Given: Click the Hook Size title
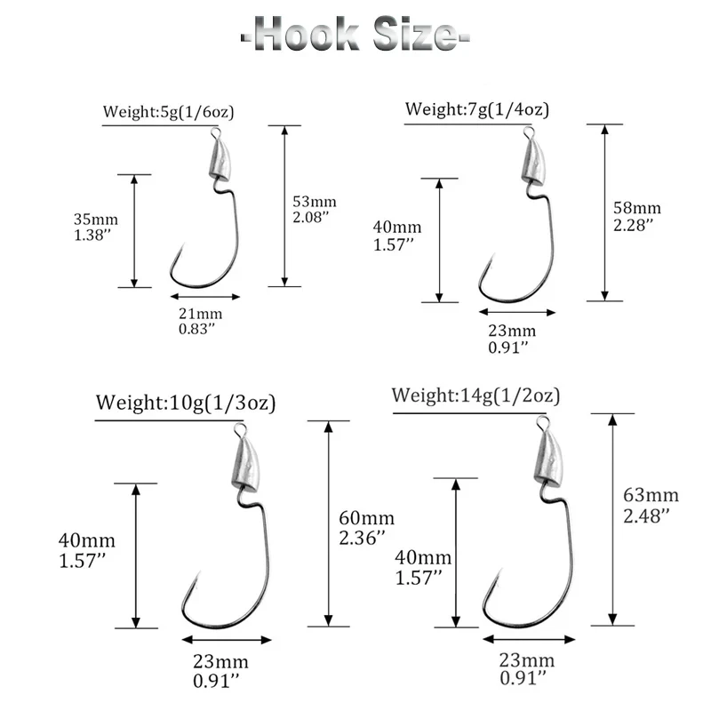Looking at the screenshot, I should click(355, 36).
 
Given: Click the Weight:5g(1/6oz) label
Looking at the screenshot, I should click(169, 112).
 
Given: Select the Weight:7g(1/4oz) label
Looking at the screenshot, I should click(477, 109).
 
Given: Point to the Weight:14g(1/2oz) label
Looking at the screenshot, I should click(476, 395).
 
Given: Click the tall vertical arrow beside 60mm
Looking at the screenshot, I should click(329, 523).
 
